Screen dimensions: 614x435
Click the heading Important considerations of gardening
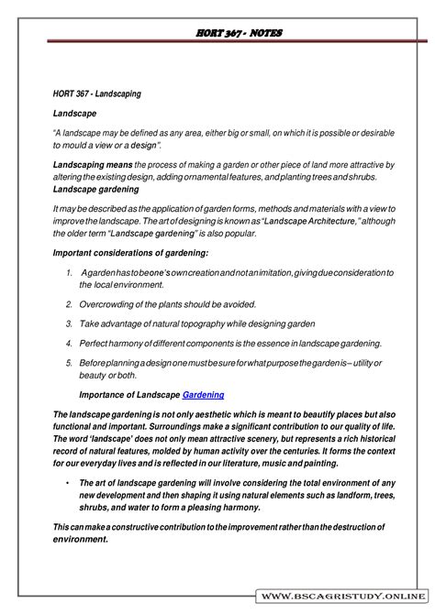click(x=129, y=252)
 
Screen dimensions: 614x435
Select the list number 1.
click(x=70, y=273)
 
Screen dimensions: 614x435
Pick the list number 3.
click(x=70, y=323)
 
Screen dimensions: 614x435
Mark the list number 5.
click(x=70, y=364)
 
